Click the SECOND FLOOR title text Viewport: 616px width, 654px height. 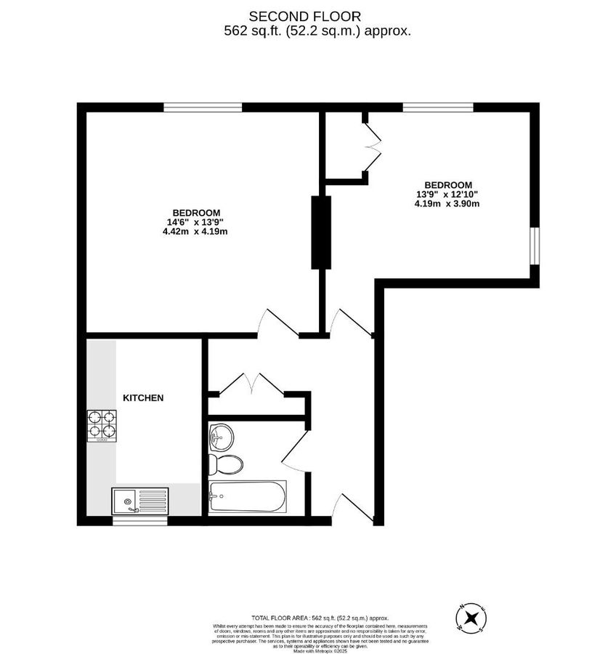tap(304, 16)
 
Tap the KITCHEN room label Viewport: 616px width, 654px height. tap(142, 398)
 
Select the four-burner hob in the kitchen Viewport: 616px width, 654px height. tap(102, 426)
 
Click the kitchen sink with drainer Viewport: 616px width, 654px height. tap(139, 501)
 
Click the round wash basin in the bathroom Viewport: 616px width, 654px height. tap(220, 438)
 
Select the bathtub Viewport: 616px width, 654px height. tap(247, 498)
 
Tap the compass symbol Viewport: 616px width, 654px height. tap(470, 618)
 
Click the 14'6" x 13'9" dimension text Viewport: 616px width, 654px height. tap(195, 222)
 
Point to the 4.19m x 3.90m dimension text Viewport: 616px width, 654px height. tap(447, 204)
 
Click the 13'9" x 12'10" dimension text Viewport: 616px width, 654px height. tap(447, 194)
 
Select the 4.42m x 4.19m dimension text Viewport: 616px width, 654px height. tap(195, 232)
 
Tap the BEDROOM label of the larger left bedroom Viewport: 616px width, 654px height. tap(196, 212)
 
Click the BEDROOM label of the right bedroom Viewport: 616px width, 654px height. tap(448, 185)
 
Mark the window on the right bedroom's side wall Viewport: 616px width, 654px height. tap(535, 246)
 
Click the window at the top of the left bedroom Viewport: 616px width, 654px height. tap(203, 108)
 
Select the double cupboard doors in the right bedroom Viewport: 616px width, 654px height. tap(373, 148)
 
